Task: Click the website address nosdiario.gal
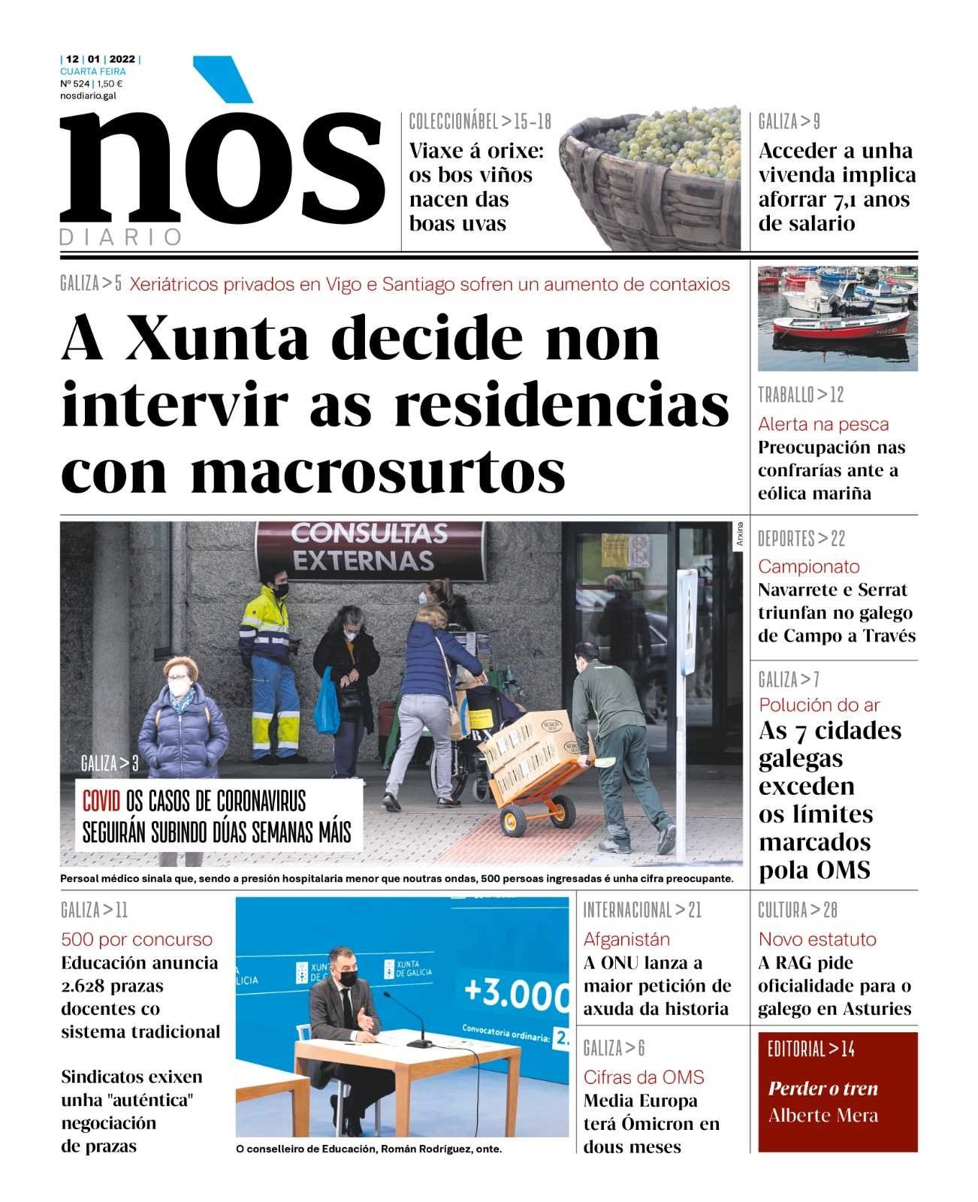[88, 95]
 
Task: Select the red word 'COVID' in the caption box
[101, 802]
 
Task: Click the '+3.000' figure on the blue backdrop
[515, 992]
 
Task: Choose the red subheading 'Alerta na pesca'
[823, 424]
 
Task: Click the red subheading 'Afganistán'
[626, 939]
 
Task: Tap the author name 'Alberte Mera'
[823, 1116]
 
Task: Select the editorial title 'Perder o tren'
[823, 1089]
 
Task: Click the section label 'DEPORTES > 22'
[801, 539]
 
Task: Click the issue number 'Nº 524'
[74, 84]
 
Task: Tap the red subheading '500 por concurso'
[137, 939]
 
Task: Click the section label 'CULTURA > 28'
[797, 911]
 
